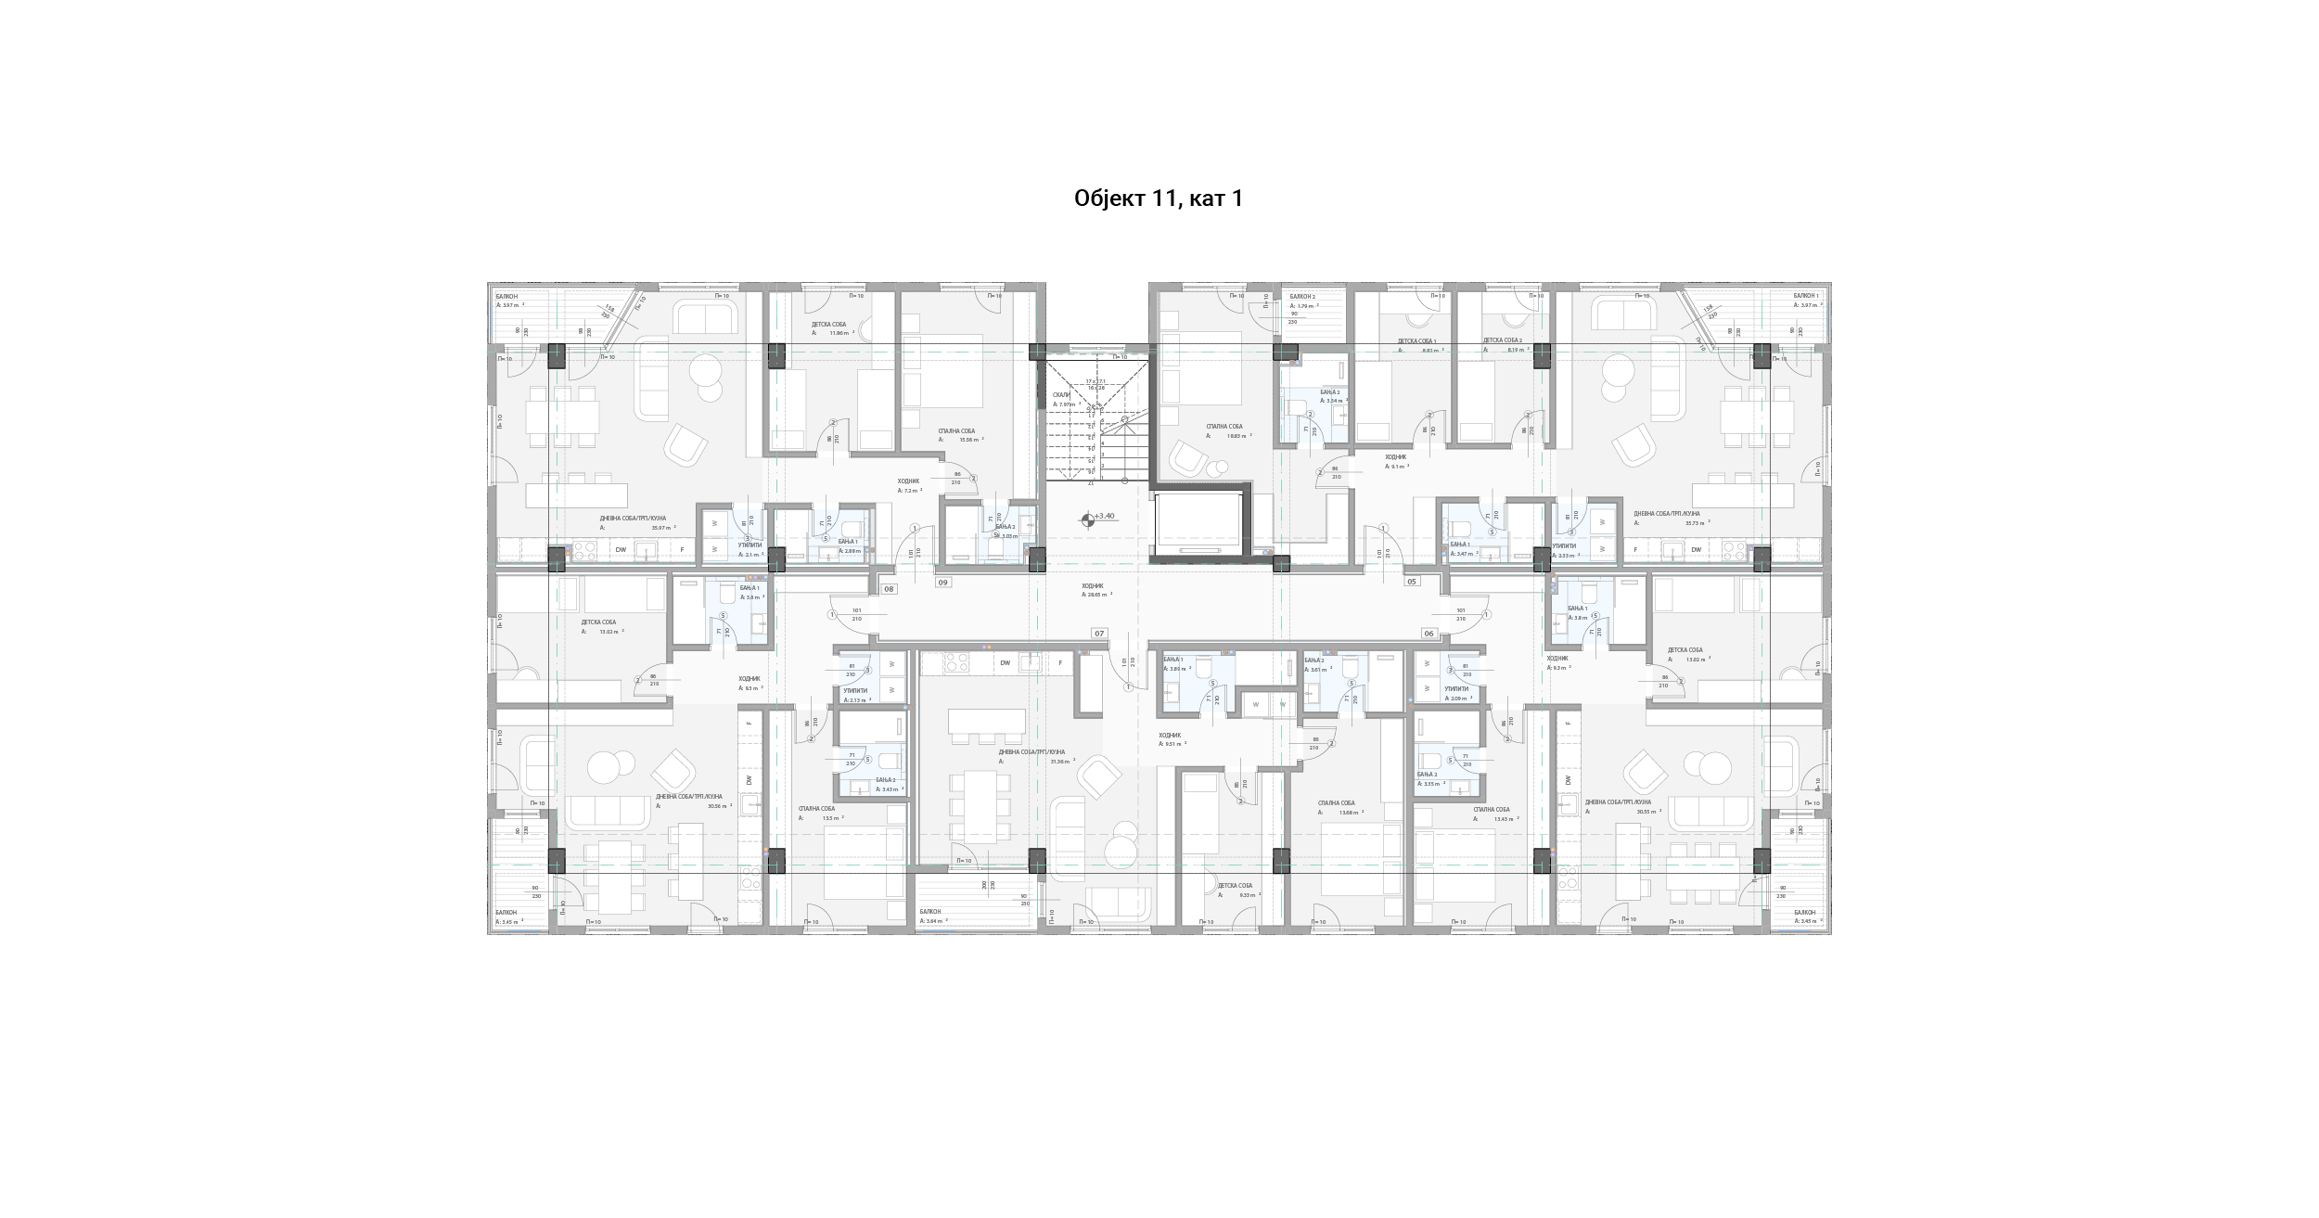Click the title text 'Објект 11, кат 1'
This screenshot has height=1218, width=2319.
pyautogui.click(x=1158, y=199)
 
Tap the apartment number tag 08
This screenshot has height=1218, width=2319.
pyautogui.click(x=889, y=589)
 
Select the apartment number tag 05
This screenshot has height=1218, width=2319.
pyautogui.click(x=1412, y=582)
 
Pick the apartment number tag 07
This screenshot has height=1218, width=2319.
pyautogui.click(x=1099, y=634)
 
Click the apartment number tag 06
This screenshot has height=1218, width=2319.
pyautogui.click(x=1429, y=634)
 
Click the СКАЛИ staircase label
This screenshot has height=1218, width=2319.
pyautogui.click(x=1060, y=394)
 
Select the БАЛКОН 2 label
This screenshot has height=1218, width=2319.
pyautogui.click(x=1302, y=297)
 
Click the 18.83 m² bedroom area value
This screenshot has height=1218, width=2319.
pyautogui.click(x=1237, y=435)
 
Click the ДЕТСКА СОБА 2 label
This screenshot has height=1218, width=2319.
pyautogui.click(x=1502, y=340)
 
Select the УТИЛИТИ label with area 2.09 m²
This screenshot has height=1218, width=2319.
pyautogui.click(x=1458, y=689)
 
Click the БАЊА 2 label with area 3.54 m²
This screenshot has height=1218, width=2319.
pyautogui.click(x=1330, y=392)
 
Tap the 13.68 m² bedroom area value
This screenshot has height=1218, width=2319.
pyautogui.click(x=1349, y=813)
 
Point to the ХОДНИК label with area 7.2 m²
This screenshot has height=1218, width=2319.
pyautogui.click(x=908, y=481)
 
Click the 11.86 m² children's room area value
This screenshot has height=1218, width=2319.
pyautogui.click(x=839, y=332)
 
